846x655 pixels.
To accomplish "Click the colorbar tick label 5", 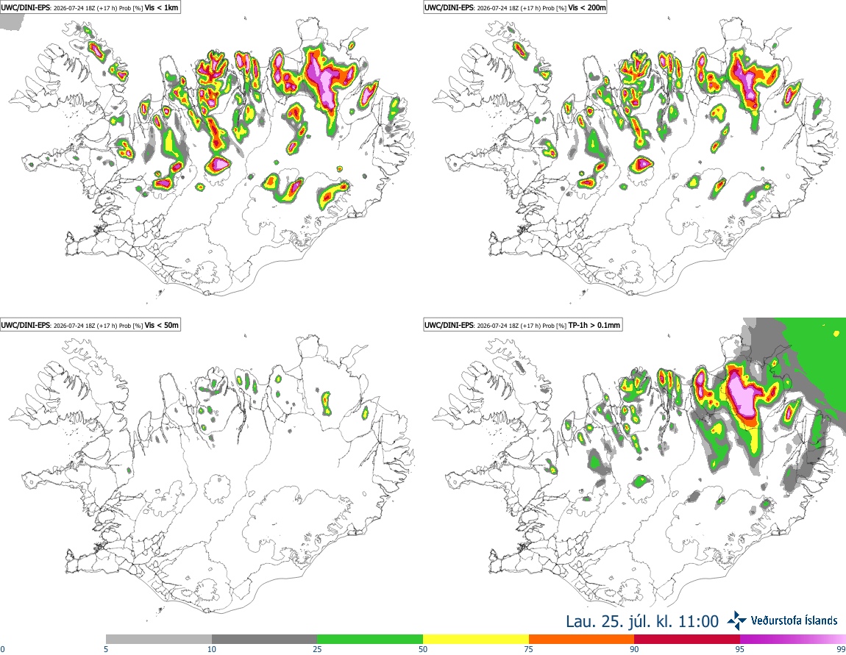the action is pyautogui.click(x=106, y=649).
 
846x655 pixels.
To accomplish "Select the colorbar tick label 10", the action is pyautogui.click(x=212, y=649).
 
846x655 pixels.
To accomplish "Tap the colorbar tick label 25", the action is pyautogui.click(x=317, y=649).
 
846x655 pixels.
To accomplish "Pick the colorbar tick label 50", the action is pyautogui.click(x=423, y=649).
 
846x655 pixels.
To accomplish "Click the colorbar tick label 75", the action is pyautogui.click(x=529, y=649).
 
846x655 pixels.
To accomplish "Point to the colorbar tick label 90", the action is pyautogui.click(x=634, y=649).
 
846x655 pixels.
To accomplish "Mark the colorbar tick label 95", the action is pyautogui.click(x=740, y=649).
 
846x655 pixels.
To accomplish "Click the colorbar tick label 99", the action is pyautogui.click(x=841, y=649).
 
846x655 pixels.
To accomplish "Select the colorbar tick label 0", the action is pyautogui.click(x=3, y=649).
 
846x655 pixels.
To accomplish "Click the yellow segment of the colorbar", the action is pyautogui.click(x=476, y=640).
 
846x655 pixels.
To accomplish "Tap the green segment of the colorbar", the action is pyautogui.click(x=370, y=640).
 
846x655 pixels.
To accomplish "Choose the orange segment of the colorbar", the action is pyautogui.click(x=582, y=640).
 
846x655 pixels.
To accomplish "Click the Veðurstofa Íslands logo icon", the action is pyautogui.click(x=736, y=621).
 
